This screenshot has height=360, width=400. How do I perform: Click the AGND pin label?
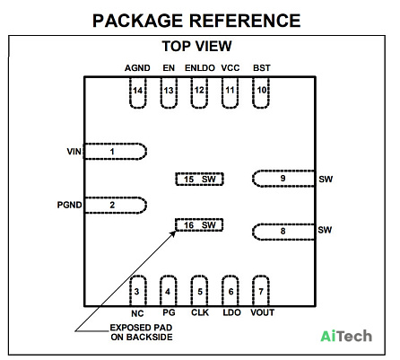[x=137, y=68]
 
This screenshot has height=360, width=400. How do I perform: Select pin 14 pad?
[x=138, y=92]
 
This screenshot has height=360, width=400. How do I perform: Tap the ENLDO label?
[x=200, y=68]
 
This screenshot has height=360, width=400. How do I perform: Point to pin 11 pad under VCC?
[x=230, y=92]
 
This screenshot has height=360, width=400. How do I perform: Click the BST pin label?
[x=262, y=68]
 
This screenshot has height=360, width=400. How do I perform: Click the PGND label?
[x=69, y=205]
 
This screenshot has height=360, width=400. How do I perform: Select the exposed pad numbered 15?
[x=199, y=179]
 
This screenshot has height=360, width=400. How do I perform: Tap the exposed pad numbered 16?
[x=199, y=224]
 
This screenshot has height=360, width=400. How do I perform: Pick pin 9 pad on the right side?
[x=283, y=179]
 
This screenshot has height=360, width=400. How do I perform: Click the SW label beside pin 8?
[x=325, y=230]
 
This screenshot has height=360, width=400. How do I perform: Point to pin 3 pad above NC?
[x=138, y=291]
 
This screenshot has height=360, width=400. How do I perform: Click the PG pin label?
[x=169, y=312]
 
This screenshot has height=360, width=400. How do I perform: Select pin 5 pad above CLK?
[x=199, y=291]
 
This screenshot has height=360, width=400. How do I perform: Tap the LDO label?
[x=231, y=312]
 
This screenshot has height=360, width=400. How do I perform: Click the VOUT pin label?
[x=262, y=312]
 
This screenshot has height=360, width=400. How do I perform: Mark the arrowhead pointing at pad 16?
[x=173, y=233]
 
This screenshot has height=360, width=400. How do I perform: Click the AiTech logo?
[x=346, y=336]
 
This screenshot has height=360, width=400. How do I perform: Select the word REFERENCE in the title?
[x=245, y=21]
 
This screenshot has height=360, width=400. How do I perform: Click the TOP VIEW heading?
[x=196, y=46]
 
